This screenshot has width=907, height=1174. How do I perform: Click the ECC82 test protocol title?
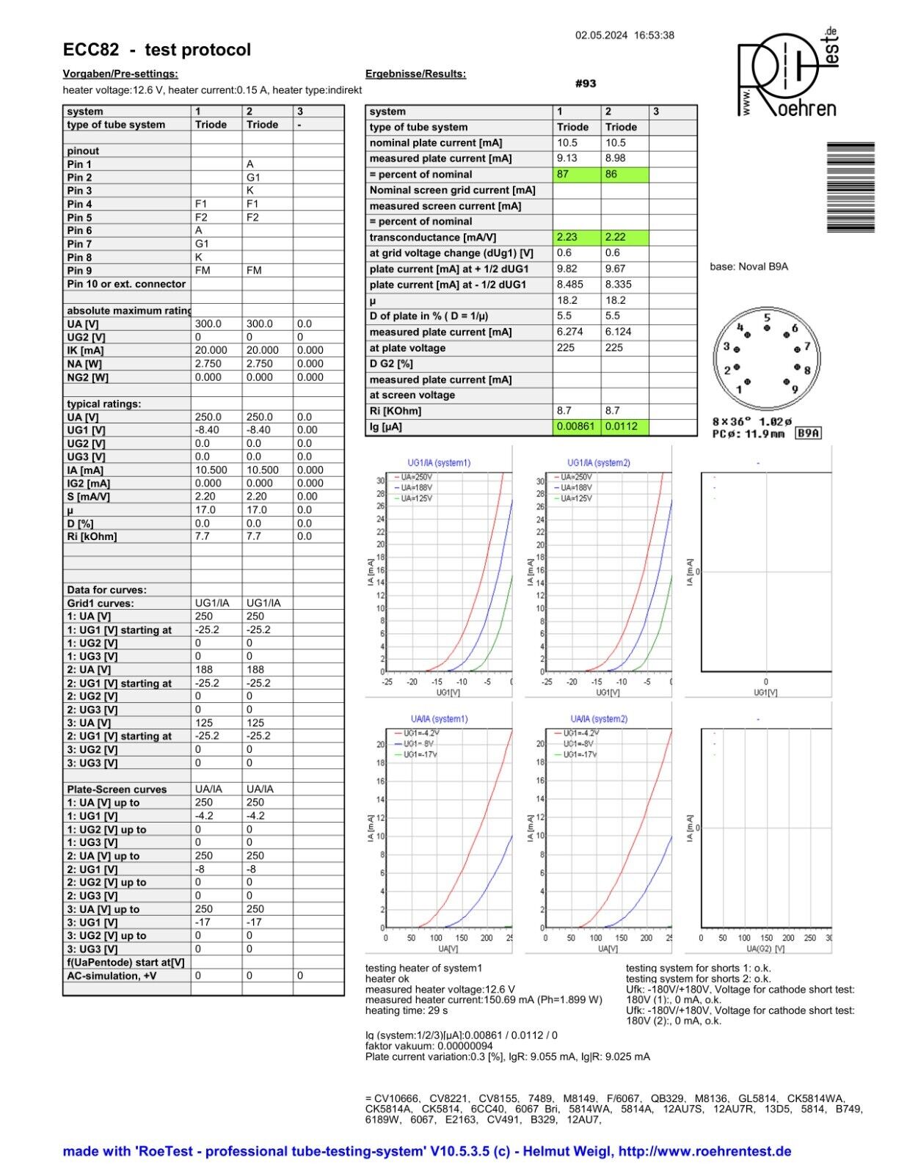157,50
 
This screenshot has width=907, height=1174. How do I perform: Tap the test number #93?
586,84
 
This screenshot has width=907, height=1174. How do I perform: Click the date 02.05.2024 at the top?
601,35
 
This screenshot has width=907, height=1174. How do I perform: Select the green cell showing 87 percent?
576,175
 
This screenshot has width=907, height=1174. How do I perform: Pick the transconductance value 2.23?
576,238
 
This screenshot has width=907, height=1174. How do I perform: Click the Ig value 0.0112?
624,427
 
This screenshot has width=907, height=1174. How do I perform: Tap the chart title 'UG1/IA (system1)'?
439,463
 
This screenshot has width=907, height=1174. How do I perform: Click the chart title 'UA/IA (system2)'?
599,719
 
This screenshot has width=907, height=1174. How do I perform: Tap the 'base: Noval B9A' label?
748,267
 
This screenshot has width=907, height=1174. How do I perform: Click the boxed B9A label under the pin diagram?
809,434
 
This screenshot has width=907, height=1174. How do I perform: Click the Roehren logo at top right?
787,73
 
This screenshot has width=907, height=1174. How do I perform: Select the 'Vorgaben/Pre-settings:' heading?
120,74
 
